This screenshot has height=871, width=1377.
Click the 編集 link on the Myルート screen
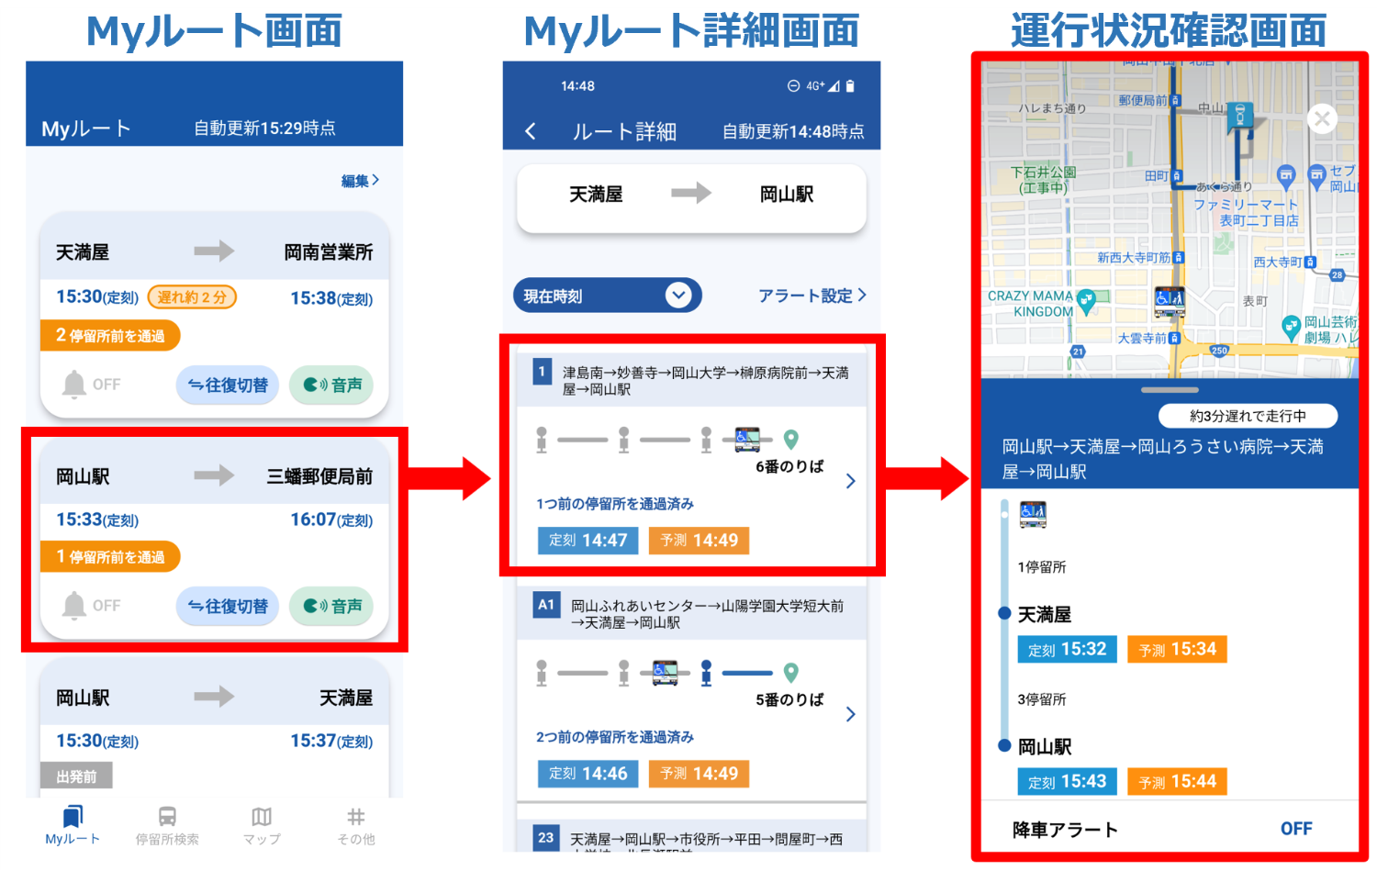360,181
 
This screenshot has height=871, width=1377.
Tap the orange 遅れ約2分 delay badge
192,296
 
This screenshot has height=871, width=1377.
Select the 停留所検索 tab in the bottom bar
167,825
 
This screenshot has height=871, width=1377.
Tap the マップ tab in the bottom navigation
262,825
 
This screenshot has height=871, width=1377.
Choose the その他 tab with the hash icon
356,825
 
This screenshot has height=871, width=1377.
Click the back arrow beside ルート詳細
531,131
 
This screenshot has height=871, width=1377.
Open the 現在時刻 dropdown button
607,296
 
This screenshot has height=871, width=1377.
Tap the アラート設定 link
812,296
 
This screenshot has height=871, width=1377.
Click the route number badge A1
546,605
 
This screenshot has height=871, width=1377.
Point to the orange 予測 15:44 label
1177,781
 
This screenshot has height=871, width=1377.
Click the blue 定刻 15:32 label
1067,649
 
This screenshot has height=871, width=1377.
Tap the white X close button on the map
1322,118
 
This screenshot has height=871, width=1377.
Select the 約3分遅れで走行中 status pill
1248,416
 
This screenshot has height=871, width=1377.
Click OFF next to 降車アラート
1296,829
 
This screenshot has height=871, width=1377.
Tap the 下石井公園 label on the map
1043,179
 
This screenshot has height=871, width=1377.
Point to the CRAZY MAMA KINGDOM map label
1031,304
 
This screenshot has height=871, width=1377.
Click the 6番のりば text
789,466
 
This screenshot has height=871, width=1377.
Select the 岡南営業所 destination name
329,252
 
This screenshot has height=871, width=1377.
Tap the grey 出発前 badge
76,776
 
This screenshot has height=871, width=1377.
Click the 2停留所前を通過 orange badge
110,336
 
